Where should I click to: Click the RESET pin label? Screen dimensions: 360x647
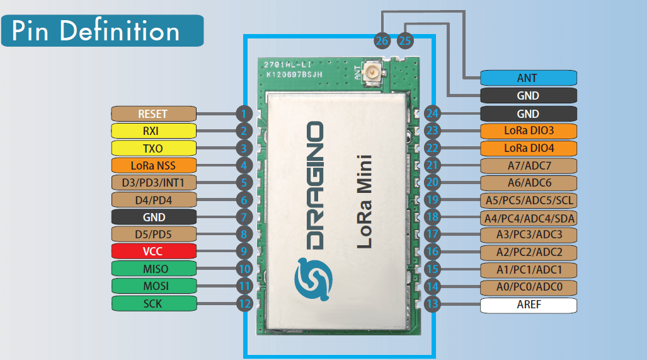(153, 114)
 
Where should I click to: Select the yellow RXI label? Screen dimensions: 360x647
(153, 131)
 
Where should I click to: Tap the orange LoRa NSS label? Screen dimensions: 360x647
(153, 166)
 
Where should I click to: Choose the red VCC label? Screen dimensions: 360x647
(153, 251)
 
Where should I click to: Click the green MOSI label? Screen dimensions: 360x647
(153, 286)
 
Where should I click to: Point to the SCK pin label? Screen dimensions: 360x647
(153, 303)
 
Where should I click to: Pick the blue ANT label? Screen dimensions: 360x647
(528, 78)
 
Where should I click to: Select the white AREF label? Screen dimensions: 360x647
(528, 305)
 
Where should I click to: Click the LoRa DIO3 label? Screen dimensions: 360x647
(528, 131)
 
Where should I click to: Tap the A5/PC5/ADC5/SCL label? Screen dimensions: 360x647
(528, 200)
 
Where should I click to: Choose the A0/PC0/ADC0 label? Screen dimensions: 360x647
(528, 287)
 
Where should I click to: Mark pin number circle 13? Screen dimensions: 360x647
(432, 305)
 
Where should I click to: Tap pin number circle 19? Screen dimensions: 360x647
(432, 200)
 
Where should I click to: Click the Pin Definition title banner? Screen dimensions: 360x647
(102, 31)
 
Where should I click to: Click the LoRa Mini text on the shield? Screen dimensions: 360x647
(364, 202)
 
